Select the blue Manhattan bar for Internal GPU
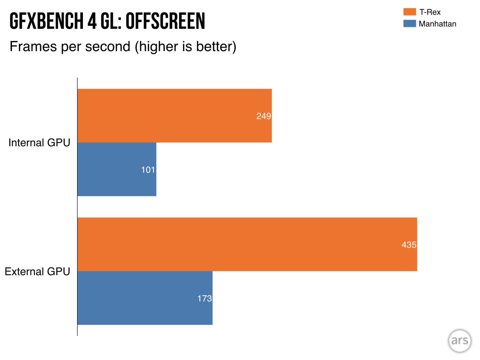(117, 169)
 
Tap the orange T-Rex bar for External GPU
(247, 244)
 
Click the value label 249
(264, 116)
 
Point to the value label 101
(148, 170)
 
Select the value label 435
(409, 245)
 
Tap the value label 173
(204, 298)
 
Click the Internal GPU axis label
(39, 143)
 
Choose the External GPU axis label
(37, 272)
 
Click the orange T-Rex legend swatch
(409, 12)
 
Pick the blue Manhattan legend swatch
(409, 24)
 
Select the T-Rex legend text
(430, 12)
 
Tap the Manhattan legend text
(437, 24)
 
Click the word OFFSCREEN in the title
(165, 21)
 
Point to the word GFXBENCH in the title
(46, 21)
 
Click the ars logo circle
(460, 341)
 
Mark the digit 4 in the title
(92, 21)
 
